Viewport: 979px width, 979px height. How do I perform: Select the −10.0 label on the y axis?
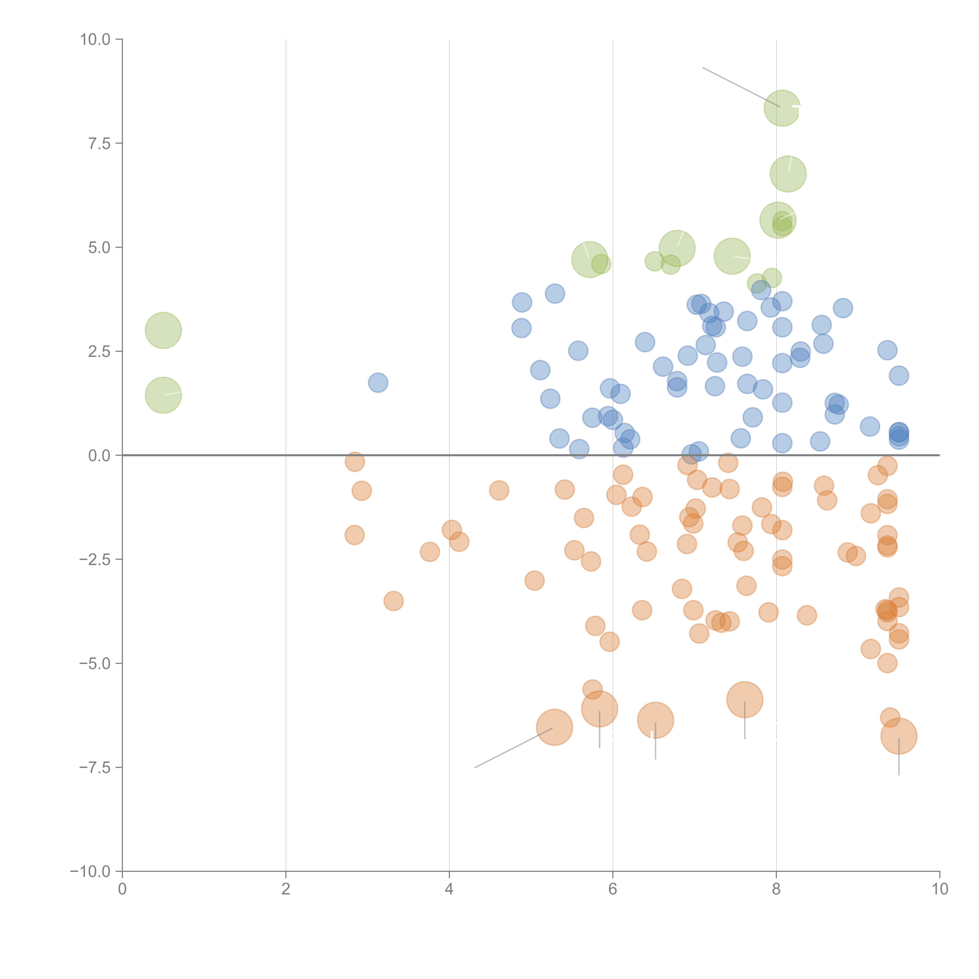coord(90,872)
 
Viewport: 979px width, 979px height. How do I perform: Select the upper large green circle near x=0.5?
coord(163,330)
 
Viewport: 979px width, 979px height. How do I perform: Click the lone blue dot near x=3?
coord(378,383)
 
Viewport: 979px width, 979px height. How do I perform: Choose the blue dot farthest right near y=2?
coord(899,376)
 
